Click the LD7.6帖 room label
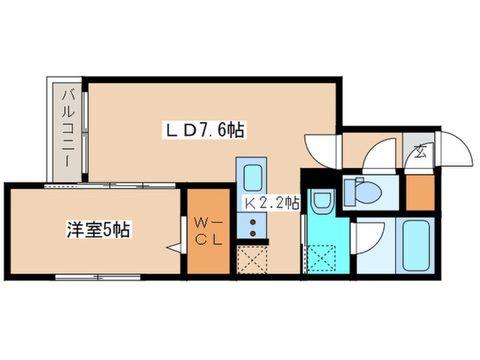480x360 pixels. pos(205,131)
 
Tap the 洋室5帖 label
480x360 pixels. pos(98,229)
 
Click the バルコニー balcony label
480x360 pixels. pos(68,128)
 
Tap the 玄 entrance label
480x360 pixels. pos(420,150)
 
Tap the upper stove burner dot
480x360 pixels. pos(253,222)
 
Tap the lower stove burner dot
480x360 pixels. pos(253,233)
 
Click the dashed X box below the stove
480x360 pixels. pos(252,259)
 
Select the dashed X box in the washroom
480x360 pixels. pos(322,258)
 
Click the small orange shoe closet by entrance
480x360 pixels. pos(420,192)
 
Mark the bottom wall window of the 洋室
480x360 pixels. pos(98,277)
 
